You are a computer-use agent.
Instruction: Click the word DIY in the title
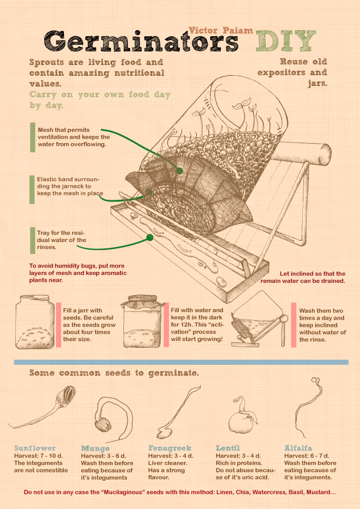tap(286, 41)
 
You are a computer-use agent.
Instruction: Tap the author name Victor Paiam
tap(221, 31)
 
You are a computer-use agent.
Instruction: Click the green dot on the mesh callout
tap(179, 170)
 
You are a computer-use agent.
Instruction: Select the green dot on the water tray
tap(149, 238)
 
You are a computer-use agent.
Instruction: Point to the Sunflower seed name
tap(35, 448)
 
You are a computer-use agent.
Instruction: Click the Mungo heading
tap(95, 448)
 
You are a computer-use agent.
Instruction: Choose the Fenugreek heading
tap(170, 448)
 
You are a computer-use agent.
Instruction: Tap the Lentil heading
tap(228, 448)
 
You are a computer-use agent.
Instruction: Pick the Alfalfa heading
tap(298, 448)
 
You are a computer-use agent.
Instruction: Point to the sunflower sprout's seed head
tap(67, 395)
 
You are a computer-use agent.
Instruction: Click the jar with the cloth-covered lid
tap(142, 321)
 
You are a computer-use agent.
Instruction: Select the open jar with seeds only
tap(35, 322)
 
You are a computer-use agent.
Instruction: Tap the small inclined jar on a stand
tap(259, 320)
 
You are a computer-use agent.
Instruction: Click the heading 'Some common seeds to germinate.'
tap(114, 373)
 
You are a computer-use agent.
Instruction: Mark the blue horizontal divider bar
tap(181, 362)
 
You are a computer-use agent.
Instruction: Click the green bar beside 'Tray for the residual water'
tap(32, 240)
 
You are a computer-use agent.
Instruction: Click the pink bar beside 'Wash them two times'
tap(294, 325)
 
